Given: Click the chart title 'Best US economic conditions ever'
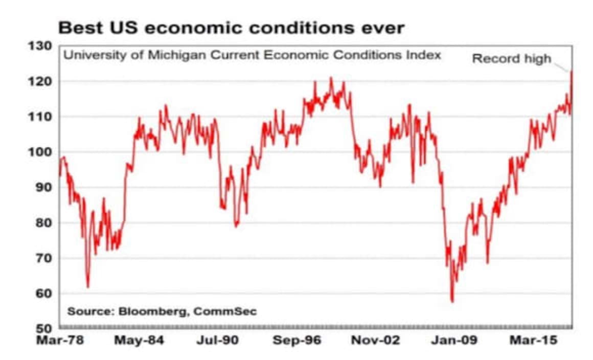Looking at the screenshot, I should point(231,28).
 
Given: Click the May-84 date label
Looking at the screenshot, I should point(139,341).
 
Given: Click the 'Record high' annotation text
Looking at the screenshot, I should point(511,59).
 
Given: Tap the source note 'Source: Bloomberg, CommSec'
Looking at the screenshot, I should point(162,311).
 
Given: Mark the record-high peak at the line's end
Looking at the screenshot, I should point(571,72).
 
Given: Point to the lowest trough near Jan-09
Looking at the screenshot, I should point(452,301).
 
